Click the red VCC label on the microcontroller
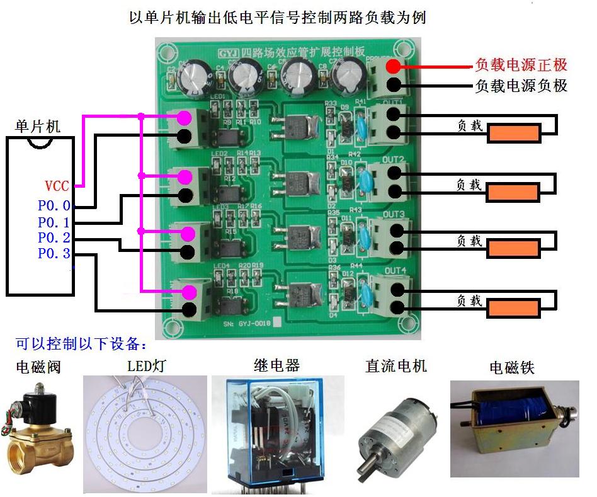[x=57, y=186]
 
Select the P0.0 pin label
[x=54, y=206]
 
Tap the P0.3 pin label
[x=54, y=254]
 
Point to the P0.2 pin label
[x=54, y=238]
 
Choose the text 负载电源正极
[x=521, y=65]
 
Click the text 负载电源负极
[x=521, y=85]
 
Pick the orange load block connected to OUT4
[x=513, y=309]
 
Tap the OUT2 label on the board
[x=394, y=159]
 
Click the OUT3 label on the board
[x=394, y=215]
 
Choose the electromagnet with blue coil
[x=513, y=428]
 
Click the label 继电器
[x=276, y=365]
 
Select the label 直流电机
[x=396, y=365]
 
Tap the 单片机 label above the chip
[x=38, y=126]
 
